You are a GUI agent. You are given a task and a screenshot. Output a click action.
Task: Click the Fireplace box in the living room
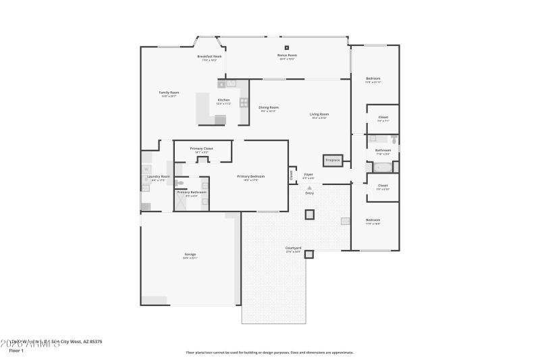[333, 161]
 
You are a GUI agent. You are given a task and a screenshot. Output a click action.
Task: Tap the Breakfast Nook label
[210, 57]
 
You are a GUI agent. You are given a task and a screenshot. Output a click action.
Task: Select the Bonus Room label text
[288, 55]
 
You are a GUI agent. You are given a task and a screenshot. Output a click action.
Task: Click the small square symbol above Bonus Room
[288, 47]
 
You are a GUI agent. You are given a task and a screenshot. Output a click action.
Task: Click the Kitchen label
[223, 100]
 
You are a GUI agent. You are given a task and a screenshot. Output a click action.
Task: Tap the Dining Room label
[269, 107]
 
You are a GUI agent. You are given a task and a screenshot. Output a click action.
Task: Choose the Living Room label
[319, 114]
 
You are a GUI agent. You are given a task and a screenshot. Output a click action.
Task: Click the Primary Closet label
[202, 149]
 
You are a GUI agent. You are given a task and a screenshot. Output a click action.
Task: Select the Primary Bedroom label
[250, 177]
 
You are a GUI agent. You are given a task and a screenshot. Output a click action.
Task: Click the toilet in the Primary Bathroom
[180, 182]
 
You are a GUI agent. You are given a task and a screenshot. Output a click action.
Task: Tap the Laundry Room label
[159, 177]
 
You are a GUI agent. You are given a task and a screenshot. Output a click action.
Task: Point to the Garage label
[190, 255]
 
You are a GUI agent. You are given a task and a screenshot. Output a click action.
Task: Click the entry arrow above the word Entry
[309, 188]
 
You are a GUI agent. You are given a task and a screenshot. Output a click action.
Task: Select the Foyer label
[308, 174]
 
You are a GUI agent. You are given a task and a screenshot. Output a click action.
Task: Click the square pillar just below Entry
[309, 215]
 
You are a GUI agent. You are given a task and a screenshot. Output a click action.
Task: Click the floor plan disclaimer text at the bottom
[269, 352]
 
